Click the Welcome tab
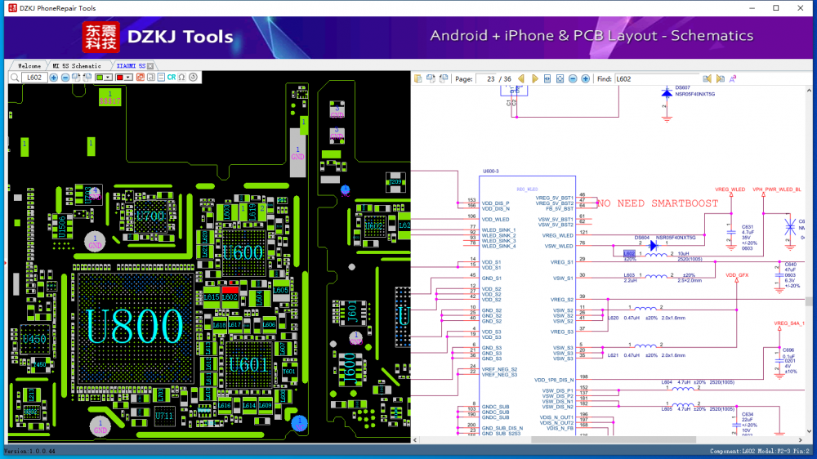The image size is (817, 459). point(29,65)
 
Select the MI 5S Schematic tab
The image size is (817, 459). point(77,65)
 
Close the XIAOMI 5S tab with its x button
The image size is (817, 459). point(153,65)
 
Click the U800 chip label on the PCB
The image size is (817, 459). point(135,327)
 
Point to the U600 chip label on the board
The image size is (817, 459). point(243,252)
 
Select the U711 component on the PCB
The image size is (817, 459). point(164,417)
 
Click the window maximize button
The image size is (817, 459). point(776,8)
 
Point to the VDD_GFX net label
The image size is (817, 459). point(737,275)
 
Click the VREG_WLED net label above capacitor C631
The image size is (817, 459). point(730,189)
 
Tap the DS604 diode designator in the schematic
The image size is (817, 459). point(641,237)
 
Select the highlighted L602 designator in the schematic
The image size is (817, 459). point(629,254)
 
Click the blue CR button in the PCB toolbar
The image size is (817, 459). point(172,78)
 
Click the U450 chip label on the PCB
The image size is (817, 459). point(33,338)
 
